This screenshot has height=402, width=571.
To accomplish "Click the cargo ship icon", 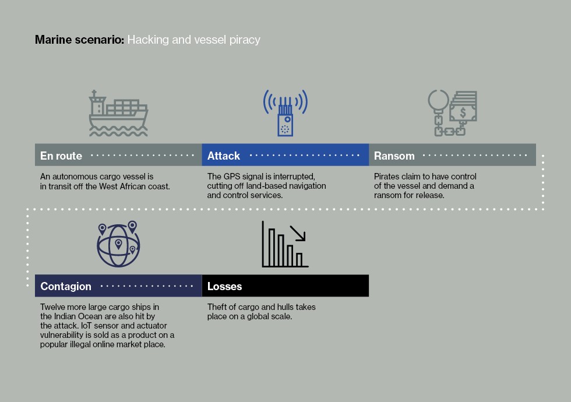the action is [118, 113].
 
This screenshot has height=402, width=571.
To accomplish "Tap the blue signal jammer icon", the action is [285, 113].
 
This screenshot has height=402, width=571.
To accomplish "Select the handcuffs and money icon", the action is [452, 113].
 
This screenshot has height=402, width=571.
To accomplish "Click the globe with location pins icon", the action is [118, 244].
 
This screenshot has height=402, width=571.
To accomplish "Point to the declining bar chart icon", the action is [285, 244].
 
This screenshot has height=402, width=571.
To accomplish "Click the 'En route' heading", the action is [61, 156].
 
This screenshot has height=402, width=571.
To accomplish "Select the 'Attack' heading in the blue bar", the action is [224, 156].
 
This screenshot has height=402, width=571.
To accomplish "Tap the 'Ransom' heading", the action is [394, 156].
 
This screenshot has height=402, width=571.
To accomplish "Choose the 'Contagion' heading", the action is [66, 286].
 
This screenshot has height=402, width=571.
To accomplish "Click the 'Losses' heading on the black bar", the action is [225, 286].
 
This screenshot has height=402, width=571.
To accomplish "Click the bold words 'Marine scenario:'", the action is [80, 40].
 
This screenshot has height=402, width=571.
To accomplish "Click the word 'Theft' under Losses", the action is [217, 307].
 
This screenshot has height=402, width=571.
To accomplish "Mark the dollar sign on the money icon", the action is [463, 113].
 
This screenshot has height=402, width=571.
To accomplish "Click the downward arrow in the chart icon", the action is [298, 233].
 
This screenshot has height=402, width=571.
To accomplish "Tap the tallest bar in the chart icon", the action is [272, 248].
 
